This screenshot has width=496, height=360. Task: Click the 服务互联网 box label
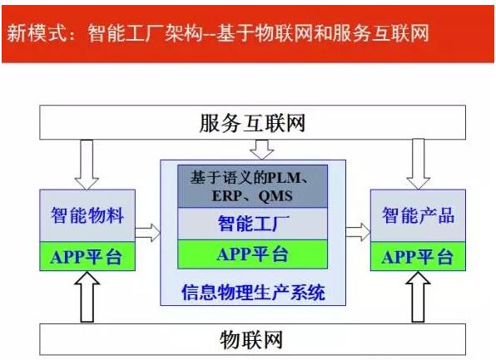click(252, 123)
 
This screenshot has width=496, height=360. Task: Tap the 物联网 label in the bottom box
click(251, 340)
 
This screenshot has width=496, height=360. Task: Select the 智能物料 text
click(87, 215)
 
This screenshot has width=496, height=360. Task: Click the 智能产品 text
click(418, 215)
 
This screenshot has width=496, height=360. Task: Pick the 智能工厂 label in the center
click(253, 223)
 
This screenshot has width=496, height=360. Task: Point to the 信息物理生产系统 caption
click(253, 293)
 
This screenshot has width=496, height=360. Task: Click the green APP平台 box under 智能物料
click(87, 256)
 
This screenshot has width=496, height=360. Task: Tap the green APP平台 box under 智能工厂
click(252, 254)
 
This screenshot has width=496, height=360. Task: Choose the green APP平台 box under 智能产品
click(418, 256)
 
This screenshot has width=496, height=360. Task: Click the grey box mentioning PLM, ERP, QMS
click(252, 186)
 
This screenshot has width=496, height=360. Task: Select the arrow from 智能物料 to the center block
click(148, 233)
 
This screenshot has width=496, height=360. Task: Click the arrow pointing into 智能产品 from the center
click(358, 232)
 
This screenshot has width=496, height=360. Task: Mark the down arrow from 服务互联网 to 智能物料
click(87, 165)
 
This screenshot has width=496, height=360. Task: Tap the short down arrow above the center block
click(262, 150)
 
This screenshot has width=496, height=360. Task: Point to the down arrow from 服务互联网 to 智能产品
click(418, 164)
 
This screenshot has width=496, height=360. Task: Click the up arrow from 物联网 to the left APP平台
click(87, 297)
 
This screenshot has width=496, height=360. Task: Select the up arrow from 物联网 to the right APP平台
click(418, 297)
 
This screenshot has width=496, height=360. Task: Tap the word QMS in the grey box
click(275, 196)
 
